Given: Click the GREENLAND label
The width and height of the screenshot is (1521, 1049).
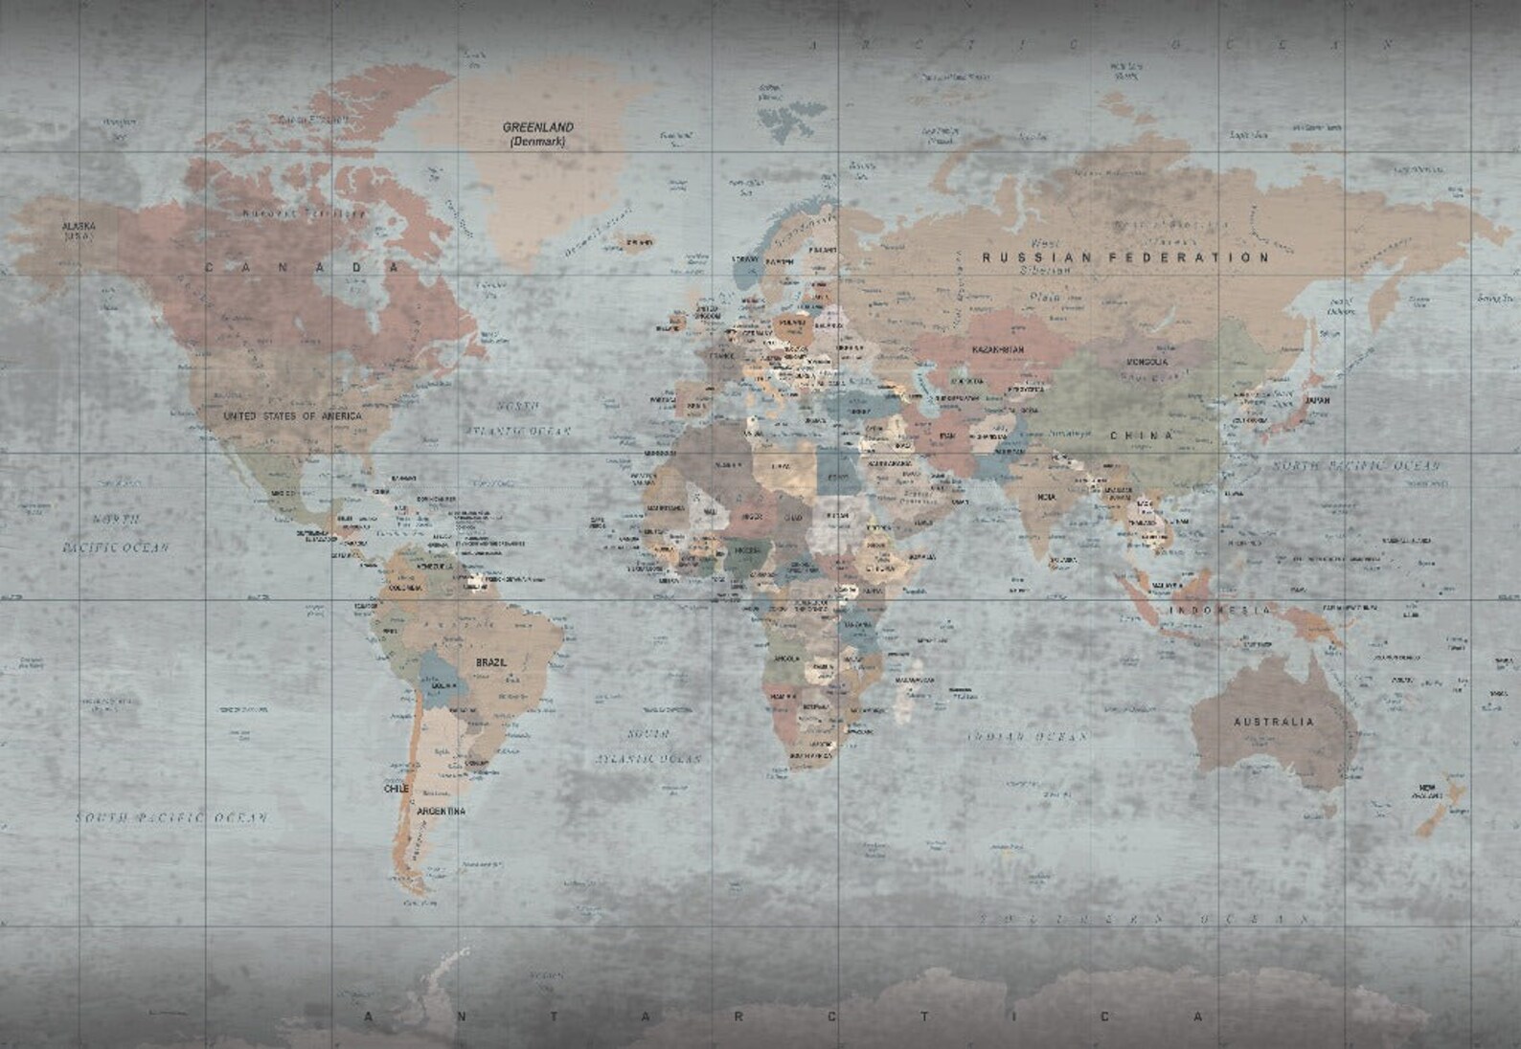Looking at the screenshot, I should point(538,126).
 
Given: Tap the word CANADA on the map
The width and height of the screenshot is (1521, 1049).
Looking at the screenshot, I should point(301,267).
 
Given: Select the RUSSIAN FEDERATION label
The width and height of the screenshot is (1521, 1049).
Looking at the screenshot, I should point(1125,257).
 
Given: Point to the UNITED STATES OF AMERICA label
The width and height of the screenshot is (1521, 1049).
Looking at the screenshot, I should point(292,416).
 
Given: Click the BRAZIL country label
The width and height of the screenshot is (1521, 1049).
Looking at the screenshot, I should point(491,662).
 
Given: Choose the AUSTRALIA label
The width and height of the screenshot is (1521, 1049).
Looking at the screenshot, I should point(1273,722).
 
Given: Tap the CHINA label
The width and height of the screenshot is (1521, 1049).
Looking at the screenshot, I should point(1142,435).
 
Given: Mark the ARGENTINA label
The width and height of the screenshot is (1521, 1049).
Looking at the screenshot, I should point(441,812).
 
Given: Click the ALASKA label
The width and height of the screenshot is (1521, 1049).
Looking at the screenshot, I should point(79,227).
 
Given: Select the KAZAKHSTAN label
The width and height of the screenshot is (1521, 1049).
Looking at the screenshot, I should point(997,350).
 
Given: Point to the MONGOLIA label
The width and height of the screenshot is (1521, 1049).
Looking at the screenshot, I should point(1146,362).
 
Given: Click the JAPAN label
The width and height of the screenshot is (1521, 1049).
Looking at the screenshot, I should point(1318,402).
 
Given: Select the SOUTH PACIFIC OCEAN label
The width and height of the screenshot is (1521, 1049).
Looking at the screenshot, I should point(171,818).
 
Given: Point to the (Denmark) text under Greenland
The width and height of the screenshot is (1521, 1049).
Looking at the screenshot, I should point(537,142).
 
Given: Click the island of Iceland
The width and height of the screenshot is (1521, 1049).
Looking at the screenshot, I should point(635,245).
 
